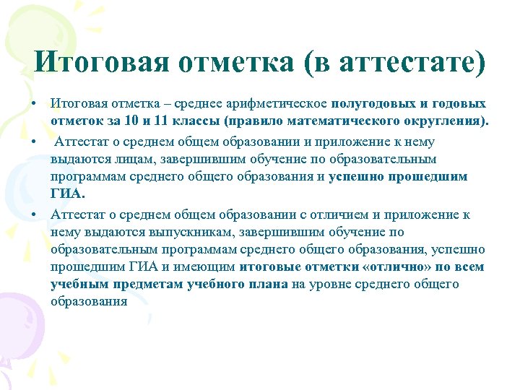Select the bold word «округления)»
pyautogui.click(x=448, y=121)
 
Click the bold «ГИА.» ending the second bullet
pyautogui.click(x=68, y=194)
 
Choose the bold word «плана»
pyautogui.click(x=269, y=285)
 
